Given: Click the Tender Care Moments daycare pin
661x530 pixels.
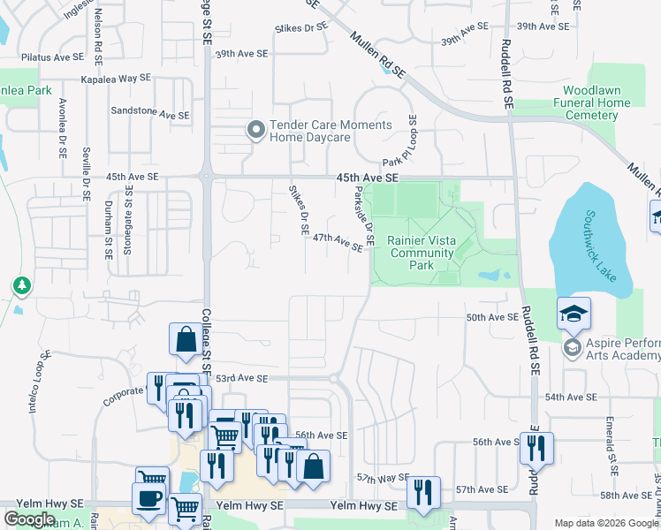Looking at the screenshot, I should [256, 132].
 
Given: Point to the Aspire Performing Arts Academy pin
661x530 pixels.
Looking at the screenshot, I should [572, 347].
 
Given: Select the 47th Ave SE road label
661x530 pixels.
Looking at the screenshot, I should [338, 242].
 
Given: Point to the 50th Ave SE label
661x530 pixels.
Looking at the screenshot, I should [491, 317].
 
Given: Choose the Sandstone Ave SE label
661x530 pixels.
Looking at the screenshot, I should [149, 114].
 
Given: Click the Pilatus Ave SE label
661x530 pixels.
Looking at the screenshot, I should [51, 57].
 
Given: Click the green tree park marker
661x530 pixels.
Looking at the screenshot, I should [21, 286].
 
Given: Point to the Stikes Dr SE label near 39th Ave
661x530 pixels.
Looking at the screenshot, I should [302, 28].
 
